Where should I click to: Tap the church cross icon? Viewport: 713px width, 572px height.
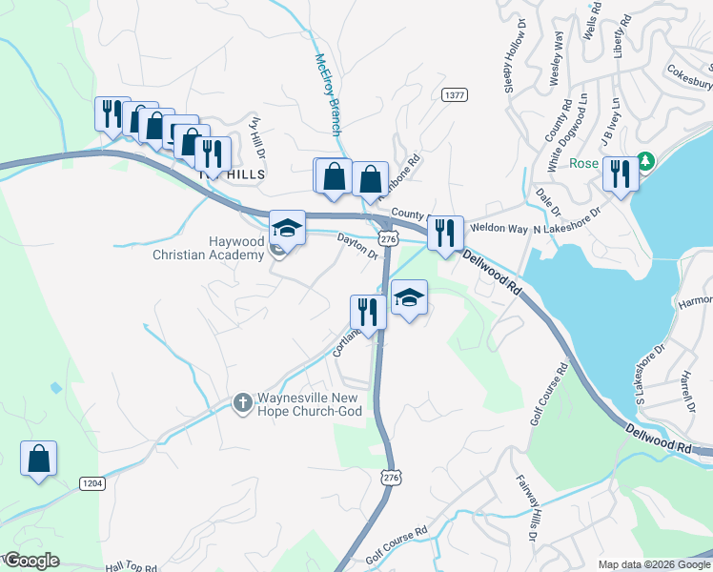click(242, 403)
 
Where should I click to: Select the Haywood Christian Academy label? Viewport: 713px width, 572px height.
click(208, 249)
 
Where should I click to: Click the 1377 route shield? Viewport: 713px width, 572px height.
click(454, 94)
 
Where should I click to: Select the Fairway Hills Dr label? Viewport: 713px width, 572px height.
click(527, 510)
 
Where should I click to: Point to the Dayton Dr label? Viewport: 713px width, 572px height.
click(358, 247)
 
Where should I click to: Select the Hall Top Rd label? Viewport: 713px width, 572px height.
click(132, 566)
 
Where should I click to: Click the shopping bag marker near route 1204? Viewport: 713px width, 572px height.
click(38, 459)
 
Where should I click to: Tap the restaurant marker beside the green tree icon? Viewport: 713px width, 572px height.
click(621, 174)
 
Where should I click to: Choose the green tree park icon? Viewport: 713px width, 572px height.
click(646, 161)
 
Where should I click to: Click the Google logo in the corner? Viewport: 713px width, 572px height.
click(31, 561)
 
